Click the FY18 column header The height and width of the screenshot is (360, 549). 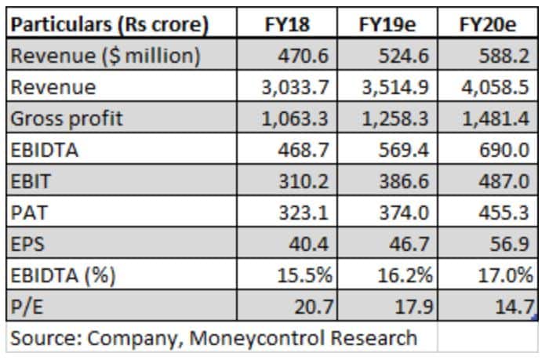pyautogui.click(x=287, y=25)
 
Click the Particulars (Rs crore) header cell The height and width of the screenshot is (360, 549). pyautogui.click(x=111, y=25)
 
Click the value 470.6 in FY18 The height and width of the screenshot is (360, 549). pyautogui.click(x=303, y=56)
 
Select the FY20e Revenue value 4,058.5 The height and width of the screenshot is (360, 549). pyautogui.click(x=497, y=88)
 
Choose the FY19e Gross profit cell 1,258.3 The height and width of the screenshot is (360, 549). pyautogui.click(x=395, y=118)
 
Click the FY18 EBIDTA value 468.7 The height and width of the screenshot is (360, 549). pyautogui.click(x=303, y=150)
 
